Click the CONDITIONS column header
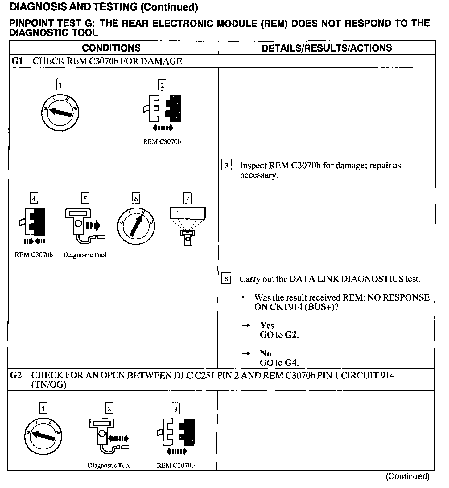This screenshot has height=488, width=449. pos(111,48)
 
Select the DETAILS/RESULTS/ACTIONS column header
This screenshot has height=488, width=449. pos(327,48)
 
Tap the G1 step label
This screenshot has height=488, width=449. pos(17,61)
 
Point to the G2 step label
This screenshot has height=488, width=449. pos(16,376)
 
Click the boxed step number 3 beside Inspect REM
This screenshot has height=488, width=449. pos(226,166)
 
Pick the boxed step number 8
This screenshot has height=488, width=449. pos(226,279)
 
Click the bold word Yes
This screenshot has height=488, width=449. pos(267,325)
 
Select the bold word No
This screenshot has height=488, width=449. pos(266,353)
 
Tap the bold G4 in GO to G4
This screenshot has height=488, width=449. pos(291,363)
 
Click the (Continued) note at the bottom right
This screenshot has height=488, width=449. pos(407,477)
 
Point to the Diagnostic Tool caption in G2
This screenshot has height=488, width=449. pos(109,465)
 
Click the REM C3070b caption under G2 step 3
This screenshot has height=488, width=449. pos(175,465)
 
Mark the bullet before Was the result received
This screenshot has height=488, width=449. pos(243,297)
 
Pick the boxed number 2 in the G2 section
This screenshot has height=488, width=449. pos(109,409)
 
